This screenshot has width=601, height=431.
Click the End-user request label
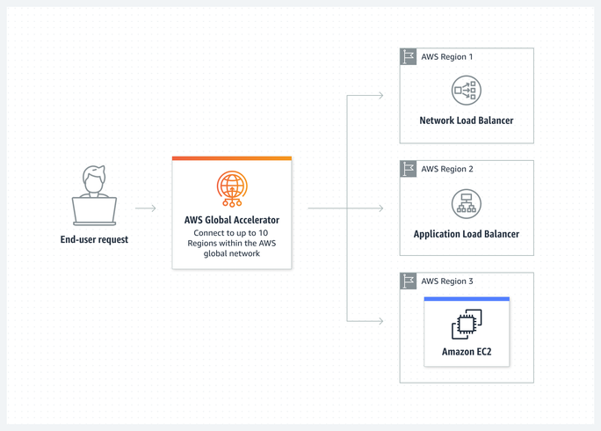point(94,239)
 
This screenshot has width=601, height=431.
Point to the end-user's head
point(94,178)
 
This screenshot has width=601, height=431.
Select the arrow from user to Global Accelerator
point(146,208)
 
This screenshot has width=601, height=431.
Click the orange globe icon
point(232,189)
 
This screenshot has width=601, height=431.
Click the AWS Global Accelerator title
point(232,220)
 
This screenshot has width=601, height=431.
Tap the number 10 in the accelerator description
point(264,232)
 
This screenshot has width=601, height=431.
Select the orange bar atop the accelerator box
point(232,158)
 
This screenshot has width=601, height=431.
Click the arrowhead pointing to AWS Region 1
point(380,95)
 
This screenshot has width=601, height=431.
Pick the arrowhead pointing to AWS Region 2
point(380,208)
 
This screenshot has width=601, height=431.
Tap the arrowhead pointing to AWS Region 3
point(380,321)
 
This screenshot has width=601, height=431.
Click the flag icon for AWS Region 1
point(409,57)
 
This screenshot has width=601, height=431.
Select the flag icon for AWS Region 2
point(409,169)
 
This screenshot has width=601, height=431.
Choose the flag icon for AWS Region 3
point(409,281)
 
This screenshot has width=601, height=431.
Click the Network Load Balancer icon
point(466,91)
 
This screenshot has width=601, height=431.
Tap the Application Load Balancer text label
point(466,234)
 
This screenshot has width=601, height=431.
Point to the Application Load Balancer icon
point(466,203)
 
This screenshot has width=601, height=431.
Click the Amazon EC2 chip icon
point(466,325)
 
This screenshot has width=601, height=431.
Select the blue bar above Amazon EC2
point(466,299)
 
